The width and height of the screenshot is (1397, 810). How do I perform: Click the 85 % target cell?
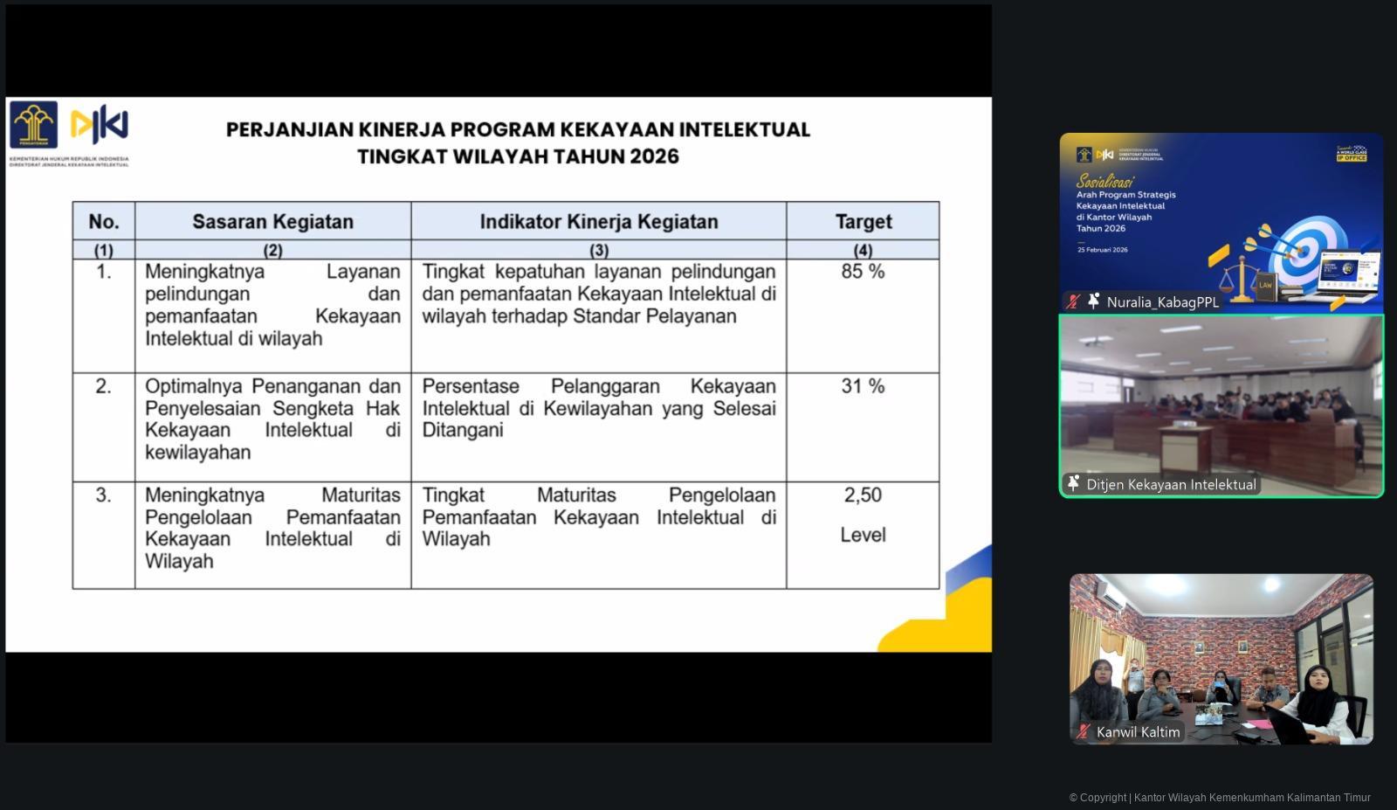point(863,272)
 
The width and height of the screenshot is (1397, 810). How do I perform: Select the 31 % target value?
point(863,386)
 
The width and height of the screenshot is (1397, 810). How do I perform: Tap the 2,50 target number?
point(863,495)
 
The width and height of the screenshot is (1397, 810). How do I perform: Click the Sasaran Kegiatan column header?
point(272,222)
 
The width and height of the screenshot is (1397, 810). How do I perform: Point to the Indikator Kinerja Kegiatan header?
point(599,222)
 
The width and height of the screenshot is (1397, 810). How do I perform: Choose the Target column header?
point(863,222)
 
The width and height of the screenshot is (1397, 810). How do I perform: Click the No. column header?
point(104,222)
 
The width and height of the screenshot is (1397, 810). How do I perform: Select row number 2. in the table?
point(103,386)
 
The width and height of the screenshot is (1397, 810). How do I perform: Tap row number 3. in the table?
point(103,495)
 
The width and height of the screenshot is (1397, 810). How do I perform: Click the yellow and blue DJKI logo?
point(100,125)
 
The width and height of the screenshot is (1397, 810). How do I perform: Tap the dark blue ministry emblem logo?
point(34,125)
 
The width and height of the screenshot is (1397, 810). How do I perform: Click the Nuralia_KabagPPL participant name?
point(1162,302)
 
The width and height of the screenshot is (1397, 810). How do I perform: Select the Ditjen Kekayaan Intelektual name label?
point(1171,485)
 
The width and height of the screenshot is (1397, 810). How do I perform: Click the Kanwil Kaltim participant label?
point(1138,732)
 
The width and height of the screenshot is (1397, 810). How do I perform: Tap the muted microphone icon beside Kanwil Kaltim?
point(1083,732)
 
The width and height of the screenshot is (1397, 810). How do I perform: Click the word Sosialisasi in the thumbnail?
point(1105,181)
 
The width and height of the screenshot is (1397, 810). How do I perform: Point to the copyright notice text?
point(1220,798)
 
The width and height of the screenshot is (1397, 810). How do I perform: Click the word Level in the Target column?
point(863,535)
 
